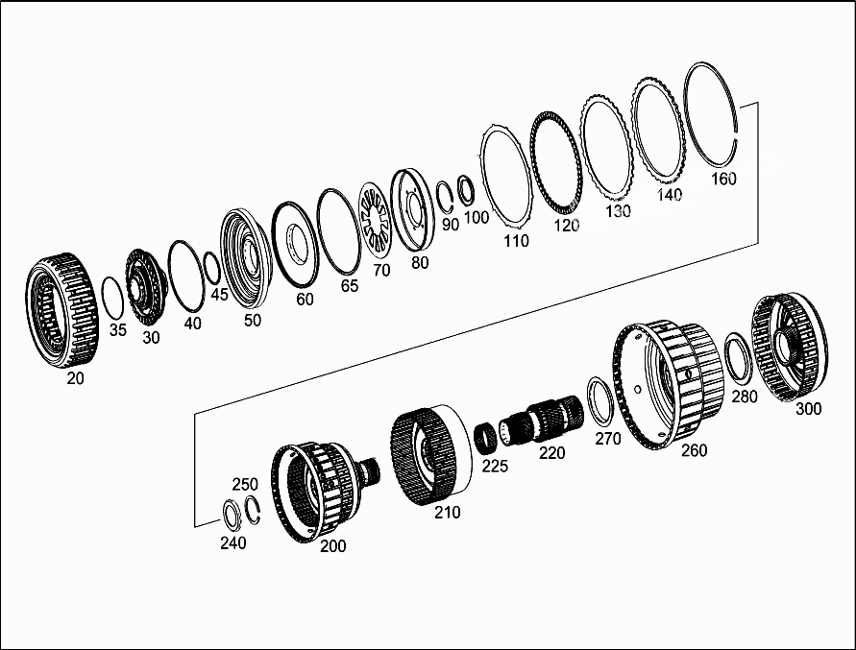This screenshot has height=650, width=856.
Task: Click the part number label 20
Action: tap(75, 378)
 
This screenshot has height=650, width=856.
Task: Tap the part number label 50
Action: tap(252, 321)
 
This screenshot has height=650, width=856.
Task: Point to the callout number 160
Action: tap(722, 179)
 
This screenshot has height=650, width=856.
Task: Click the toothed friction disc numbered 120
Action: tap(554, 167)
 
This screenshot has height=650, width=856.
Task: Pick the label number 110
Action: tap(516, 241)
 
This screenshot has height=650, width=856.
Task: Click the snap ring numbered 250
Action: tap(254, 510)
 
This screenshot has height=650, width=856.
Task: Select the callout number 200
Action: tap(332, 546)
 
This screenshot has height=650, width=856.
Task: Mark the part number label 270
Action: tap(607, 439)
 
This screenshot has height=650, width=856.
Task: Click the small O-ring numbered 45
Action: tap(212, 268)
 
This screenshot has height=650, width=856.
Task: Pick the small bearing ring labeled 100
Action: tap(466, 189)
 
